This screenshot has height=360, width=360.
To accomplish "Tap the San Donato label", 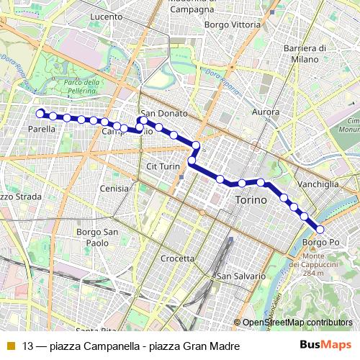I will (x=164, y=114).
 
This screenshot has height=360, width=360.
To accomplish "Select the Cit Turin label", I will (x=162, y=166).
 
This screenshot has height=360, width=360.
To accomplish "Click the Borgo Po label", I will (x=320, y=243).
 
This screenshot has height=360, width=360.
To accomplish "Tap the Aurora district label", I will (x=266, y=112).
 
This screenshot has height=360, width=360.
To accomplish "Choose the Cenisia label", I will (x=115, y=188).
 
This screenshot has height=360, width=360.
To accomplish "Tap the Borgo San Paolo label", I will (x=97, y=237).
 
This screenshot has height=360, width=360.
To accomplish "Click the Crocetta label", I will (x=178, y=258).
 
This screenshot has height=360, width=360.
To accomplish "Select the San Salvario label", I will (x=241, y=276).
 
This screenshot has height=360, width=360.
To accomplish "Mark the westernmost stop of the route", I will (x=40, y=112).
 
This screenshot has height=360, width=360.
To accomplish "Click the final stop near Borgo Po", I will (x=320, y=230).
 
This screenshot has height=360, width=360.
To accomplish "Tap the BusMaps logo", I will (x=326, y=345).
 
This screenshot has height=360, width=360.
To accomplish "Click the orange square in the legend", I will (x=10, y=345).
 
